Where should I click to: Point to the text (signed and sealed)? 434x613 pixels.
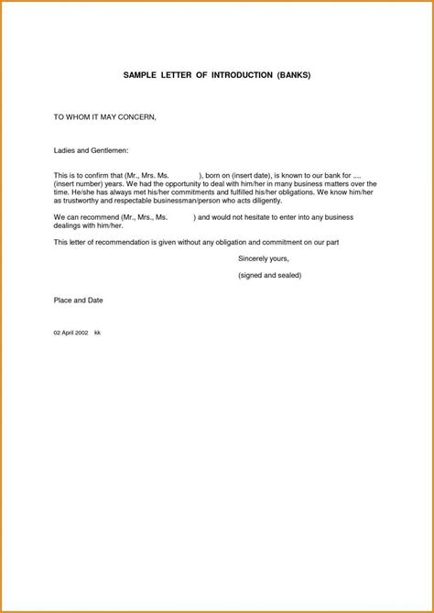tap(269, 275)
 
